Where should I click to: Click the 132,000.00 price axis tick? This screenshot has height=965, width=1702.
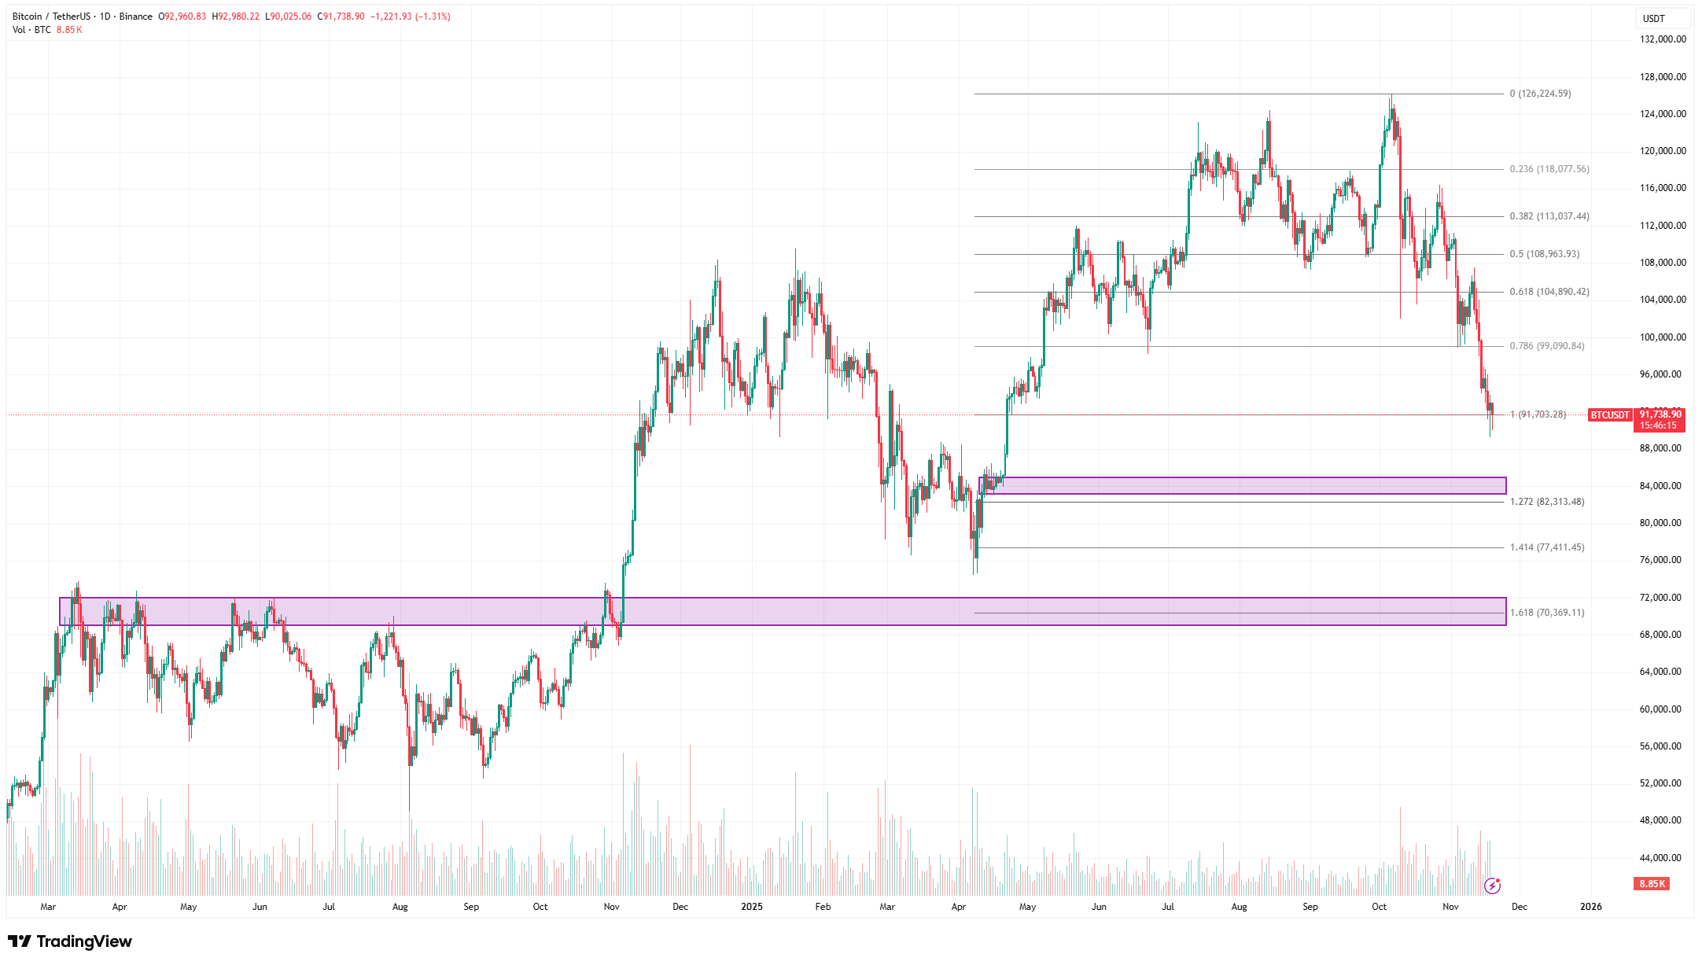[x=1662, y=39]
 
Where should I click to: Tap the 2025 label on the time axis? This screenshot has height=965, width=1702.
[x=752, y=907]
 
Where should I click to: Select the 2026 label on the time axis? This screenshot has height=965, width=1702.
[x=1590, y=907]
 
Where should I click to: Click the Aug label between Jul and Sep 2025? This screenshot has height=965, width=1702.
[x=1239, y=907]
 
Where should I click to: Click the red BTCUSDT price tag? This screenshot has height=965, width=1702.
[x=1609, y=415]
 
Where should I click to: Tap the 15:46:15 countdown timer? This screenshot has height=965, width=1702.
[x=1658, y=425]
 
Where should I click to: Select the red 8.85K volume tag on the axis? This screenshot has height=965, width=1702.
[x=1652, y=884]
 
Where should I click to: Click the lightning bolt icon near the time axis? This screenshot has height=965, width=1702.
[x=1492, y=886]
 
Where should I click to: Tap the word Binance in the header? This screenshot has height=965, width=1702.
[x=136, y=17]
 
